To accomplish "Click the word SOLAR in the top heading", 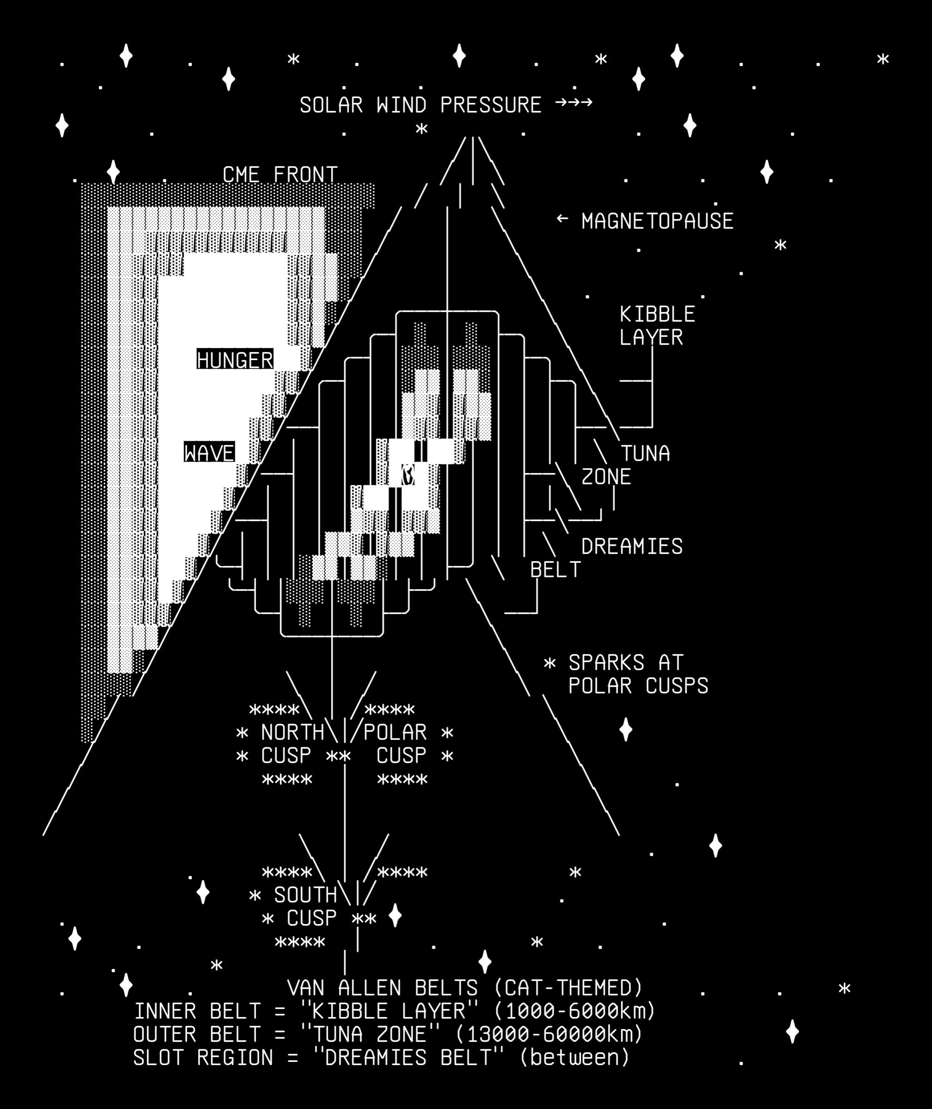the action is pyautogui.click(x=331, y=105).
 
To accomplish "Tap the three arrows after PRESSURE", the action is pyautogui.click(x=574, y=102).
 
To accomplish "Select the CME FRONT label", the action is pyautogui.click(x=280, y=175).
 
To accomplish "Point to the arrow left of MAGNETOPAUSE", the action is pyautogui.click(x=562, y=218).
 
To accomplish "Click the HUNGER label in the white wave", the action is pyautogui.click(x=235, y=360).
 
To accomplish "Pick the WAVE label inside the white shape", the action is pyautogui.click(x=209, y=453).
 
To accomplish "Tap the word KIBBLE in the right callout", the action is pyautogui.click(x=657, y=314).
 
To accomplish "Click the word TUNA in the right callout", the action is pyautogui.click(x=645, y=453).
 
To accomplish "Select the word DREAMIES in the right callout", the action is pyautogui.click(x=632, y=546).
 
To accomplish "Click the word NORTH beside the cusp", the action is pyautogui.click(x=292, y=732).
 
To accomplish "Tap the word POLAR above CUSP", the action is pyautogui.click(x=395, y=732).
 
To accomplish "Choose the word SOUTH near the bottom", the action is pyautogui.click(x=305, y=895).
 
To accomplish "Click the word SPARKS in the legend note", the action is pyautogui.click(x=607, y=663).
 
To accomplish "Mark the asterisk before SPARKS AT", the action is pyautogui.click(x=550, y=663).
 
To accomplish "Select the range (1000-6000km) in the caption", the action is pyautogui.click(x=574, y=1011).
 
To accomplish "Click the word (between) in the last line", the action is pyautogui.click(x=575, y=1058).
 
